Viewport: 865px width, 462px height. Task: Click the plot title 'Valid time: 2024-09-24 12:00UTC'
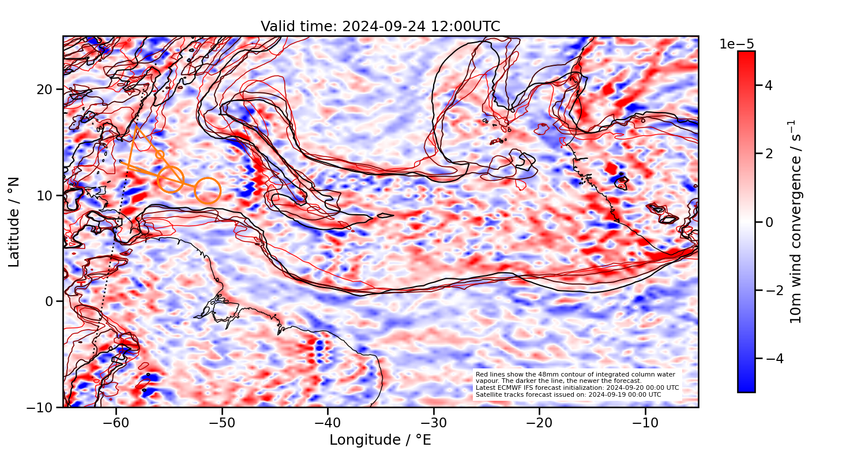point(380,27)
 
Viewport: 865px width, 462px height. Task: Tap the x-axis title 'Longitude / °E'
point(380,440)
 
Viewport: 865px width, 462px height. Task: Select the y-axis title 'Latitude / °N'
point(14,222)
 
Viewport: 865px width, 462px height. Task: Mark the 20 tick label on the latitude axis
point(46,90)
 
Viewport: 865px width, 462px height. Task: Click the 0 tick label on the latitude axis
point(51,301)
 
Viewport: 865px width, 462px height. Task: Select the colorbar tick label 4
point(768,85)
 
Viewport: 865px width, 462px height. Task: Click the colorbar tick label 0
point(768,222)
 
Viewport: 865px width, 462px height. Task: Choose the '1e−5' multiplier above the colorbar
point(736,44)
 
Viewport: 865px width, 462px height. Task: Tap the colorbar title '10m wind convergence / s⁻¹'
point(796,222)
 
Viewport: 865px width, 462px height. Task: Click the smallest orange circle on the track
point(160,155)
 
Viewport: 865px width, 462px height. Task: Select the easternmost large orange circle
point(208,191)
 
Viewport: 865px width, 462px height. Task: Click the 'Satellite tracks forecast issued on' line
point(569,394)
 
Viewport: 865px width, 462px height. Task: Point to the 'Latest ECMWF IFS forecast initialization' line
point(577,388)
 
